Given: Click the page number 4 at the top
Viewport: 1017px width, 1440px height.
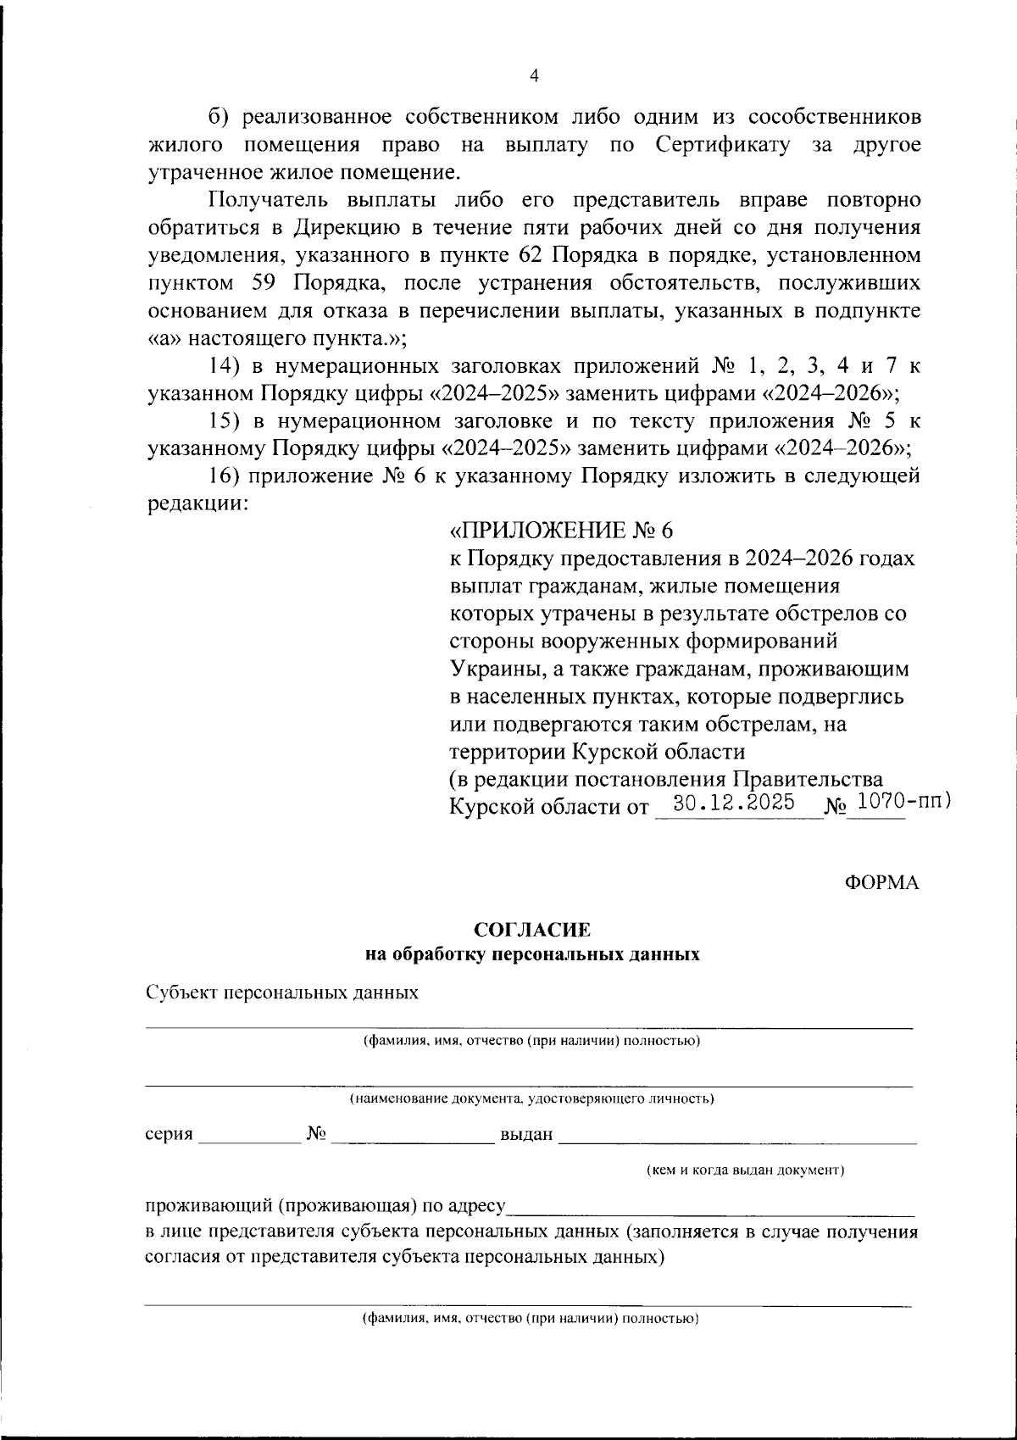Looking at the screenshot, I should point(534,76).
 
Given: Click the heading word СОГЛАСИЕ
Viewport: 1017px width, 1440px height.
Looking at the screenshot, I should point(532,930).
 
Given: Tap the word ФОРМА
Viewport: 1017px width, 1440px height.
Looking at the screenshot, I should point(881,882).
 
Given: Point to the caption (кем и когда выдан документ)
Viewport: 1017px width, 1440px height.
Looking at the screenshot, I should point(746,1170).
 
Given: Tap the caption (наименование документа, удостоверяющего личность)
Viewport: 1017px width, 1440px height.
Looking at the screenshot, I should point(532,1099).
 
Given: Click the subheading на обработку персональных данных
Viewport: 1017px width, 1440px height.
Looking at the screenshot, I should point(532,955).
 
